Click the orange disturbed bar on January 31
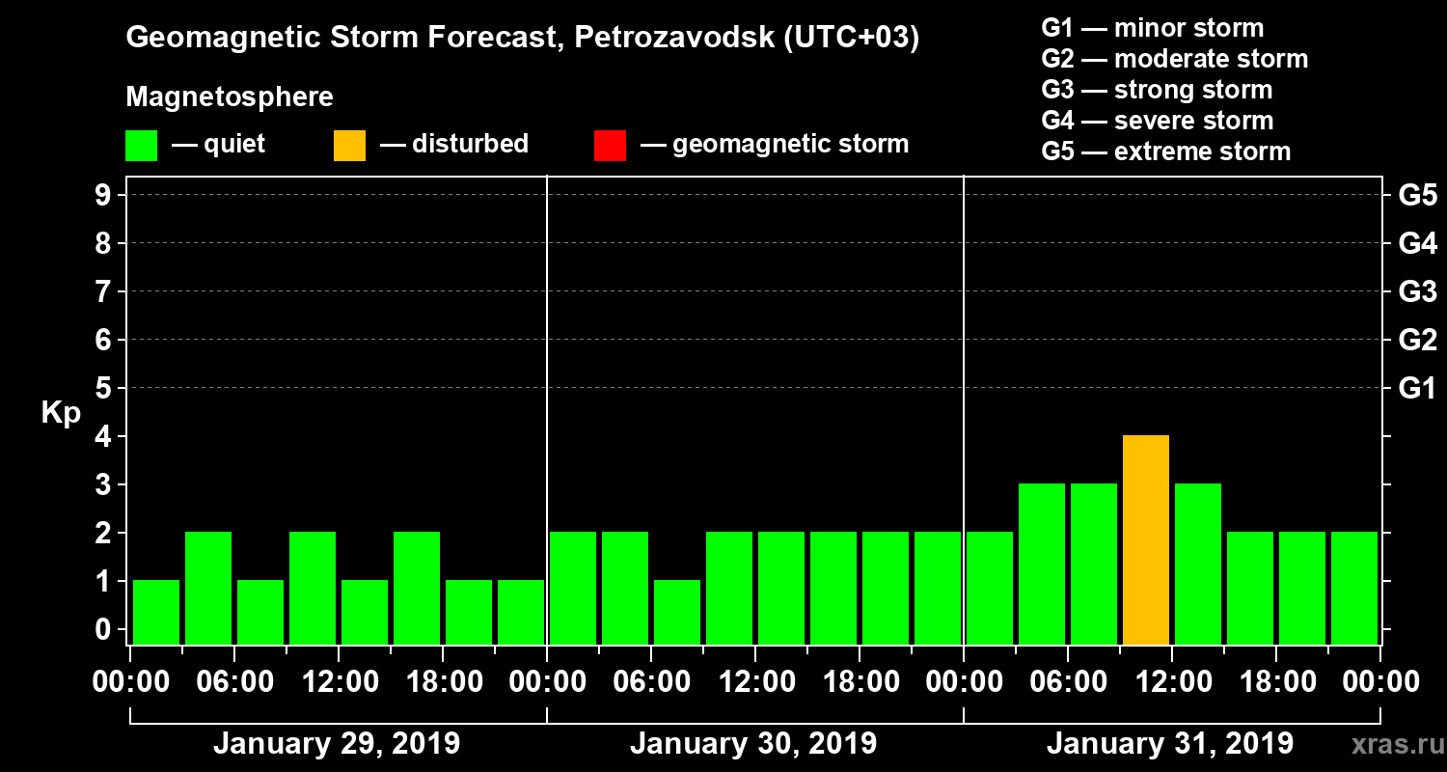(1146, 540)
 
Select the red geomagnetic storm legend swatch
(610, 146)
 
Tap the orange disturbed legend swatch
(349, 146)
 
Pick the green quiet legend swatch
(141, 146)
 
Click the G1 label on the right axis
(1417, 389)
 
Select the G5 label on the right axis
(1417, 196)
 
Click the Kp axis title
(61, 413)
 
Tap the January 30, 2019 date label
(753, 744)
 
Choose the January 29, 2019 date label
(337, 744)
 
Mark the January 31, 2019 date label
(1170, 744)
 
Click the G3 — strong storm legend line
(1157, 90)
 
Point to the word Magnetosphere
(230, 97)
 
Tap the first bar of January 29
(156, 612)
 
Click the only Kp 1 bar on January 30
(677, 612)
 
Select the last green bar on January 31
(1354, 588)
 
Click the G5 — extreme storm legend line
(1165, 152)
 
